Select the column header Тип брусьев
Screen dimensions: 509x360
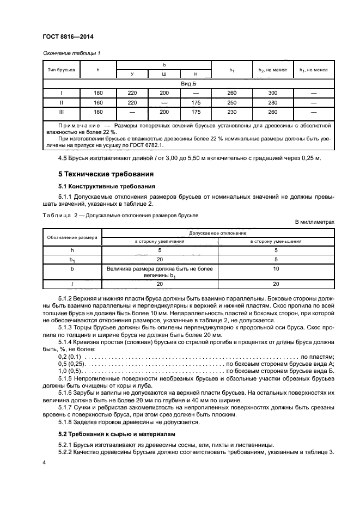click(61, 70)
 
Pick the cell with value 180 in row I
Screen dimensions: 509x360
click(98, 93)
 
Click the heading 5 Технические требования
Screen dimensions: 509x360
click(99, 175)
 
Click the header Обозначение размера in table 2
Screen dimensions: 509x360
click(72, 237)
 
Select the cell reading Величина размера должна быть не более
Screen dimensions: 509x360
click(160, 268)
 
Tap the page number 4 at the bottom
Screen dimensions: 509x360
click(45, 462)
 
